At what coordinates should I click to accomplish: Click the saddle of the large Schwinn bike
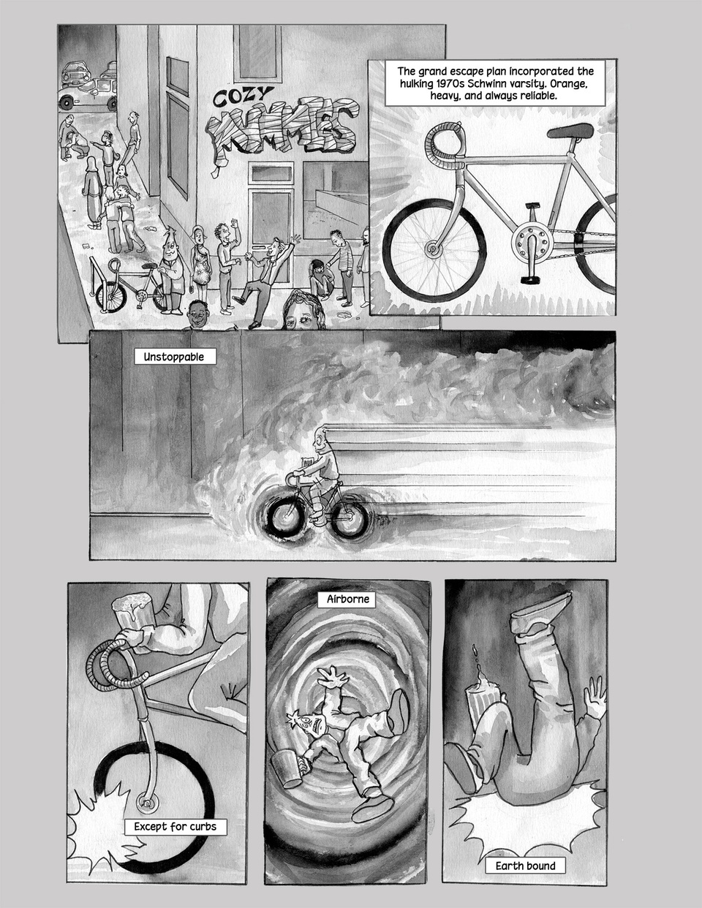coord(570,132)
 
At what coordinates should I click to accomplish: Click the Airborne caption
coord(347,599)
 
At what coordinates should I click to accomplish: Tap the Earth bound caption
coord(525,866)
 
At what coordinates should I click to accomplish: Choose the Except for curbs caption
coord(175,827)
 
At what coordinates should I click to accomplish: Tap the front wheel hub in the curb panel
coord(147,802)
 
